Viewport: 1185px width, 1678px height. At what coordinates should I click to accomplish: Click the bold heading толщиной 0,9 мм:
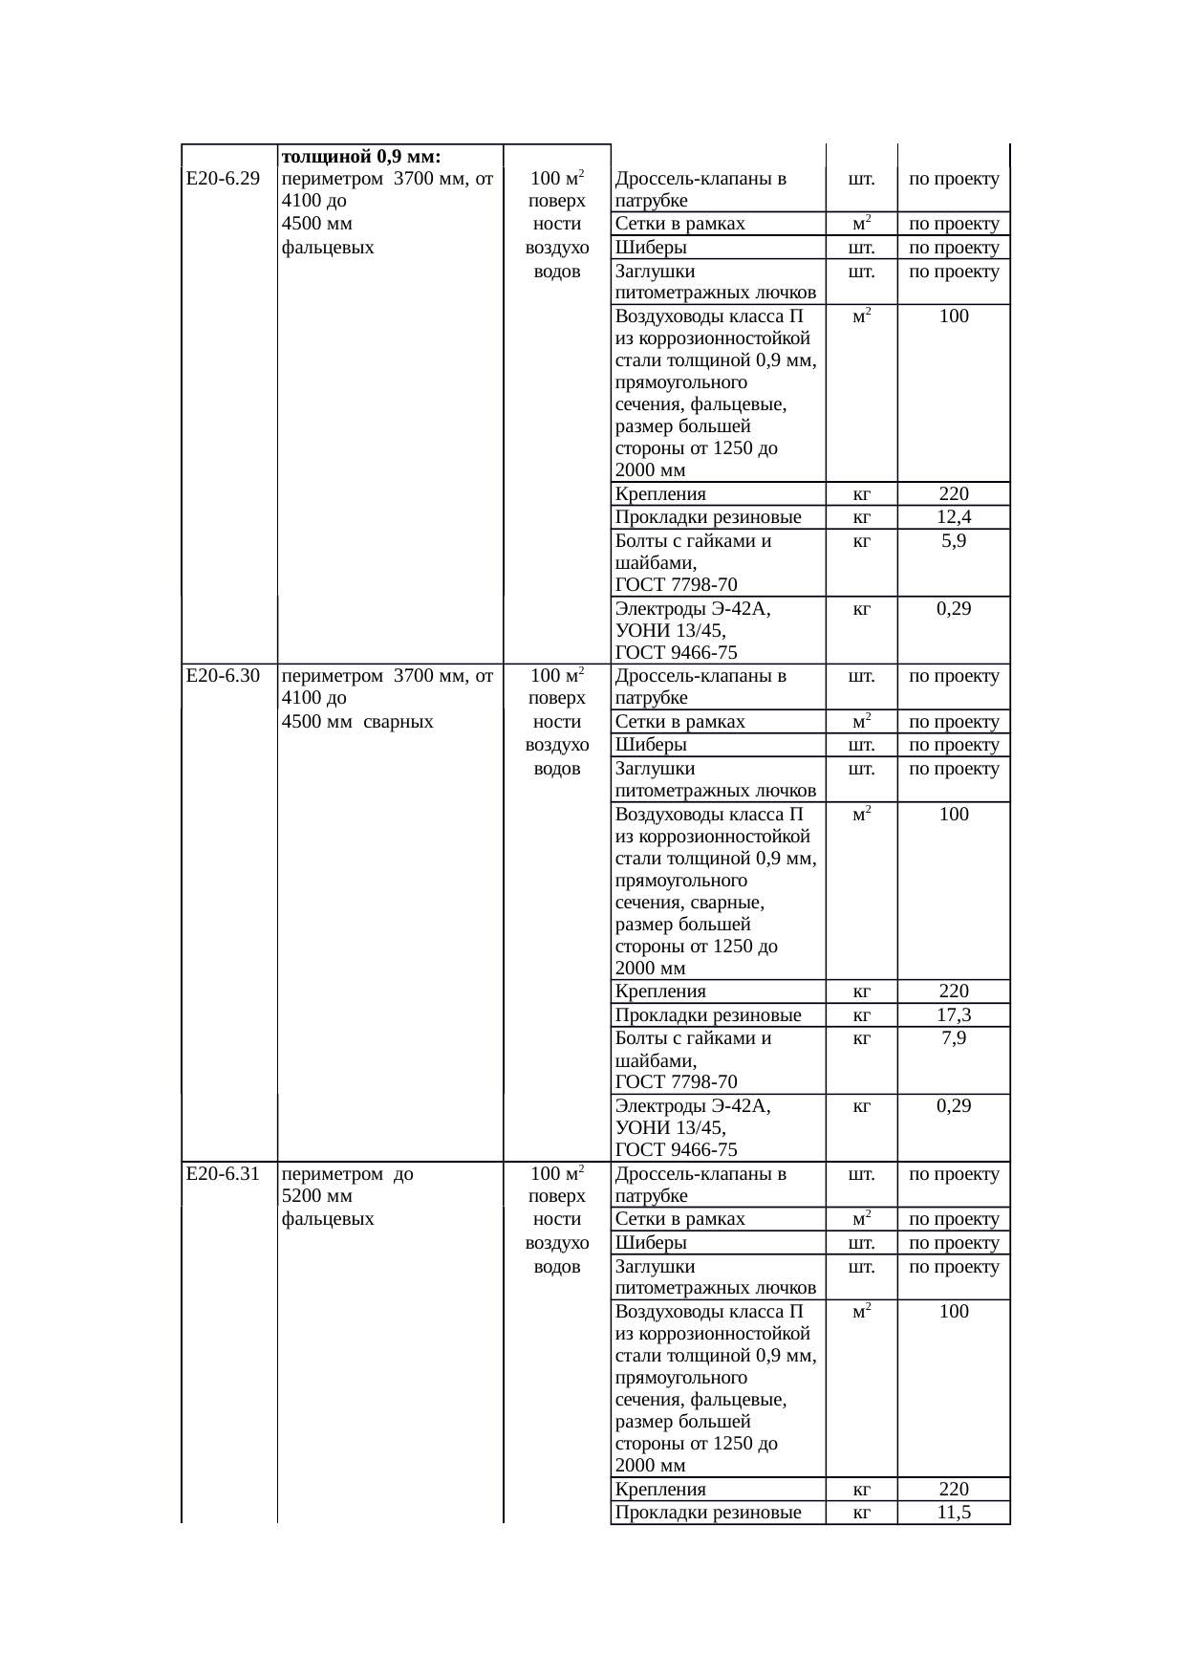[361, 156]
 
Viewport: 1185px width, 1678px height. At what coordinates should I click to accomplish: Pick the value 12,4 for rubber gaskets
[954, 517]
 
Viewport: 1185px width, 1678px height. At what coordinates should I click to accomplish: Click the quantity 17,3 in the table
[954, 1015]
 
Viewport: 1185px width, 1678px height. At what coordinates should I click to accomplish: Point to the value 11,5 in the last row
[954, 1513]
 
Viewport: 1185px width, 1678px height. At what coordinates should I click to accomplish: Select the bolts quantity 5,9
[954, 541]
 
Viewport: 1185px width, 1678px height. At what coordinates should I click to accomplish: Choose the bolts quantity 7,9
[954, 1038]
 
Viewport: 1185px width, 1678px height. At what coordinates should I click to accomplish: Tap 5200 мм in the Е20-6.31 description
[317, 1196]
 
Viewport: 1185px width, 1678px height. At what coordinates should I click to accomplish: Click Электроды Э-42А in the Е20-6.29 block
[693, 609]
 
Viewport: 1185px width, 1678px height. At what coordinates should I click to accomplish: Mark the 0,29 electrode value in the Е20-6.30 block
[954, 1106]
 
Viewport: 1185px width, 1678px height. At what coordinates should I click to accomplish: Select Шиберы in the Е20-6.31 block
[651, 1243]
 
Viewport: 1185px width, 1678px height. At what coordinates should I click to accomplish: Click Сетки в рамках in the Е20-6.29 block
[680, 225]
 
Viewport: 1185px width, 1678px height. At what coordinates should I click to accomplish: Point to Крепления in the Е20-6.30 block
[660, 992]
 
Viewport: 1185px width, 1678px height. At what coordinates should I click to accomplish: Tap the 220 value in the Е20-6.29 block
[954, 494]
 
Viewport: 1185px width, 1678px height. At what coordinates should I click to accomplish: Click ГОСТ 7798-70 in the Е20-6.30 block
[676, 1082]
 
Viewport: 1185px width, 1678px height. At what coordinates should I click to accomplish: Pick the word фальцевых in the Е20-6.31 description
[328, 1219]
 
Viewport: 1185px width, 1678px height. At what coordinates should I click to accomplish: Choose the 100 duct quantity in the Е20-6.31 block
[954, 1312]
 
